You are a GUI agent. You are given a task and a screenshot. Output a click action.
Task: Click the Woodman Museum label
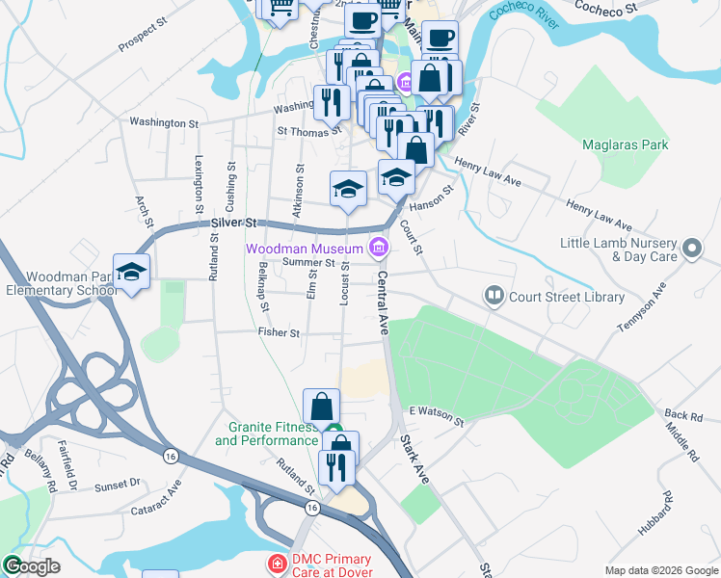click(305, 249)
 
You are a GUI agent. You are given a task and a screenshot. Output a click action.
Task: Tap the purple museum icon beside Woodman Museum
click(379, 249)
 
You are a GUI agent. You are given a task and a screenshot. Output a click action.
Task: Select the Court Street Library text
click(568, 297)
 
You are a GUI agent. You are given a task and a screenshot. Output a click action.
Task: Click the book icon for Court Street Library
click(494, 296)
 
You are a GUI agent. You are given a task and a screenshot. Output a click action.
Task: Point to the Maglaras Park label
click(626, 145)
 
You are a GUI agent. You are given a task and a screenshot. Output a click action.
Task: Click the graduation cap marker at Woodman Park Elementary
click(131, 273)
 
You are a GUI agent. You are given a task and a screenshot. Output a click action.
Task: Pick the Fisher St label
click(279, 332)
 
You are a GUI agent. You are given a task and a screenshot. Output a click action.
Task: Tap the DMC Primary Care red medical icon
click(278, 562)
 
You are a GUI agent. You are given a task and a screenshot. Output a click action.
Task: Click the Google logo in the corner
click(32, 566)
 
